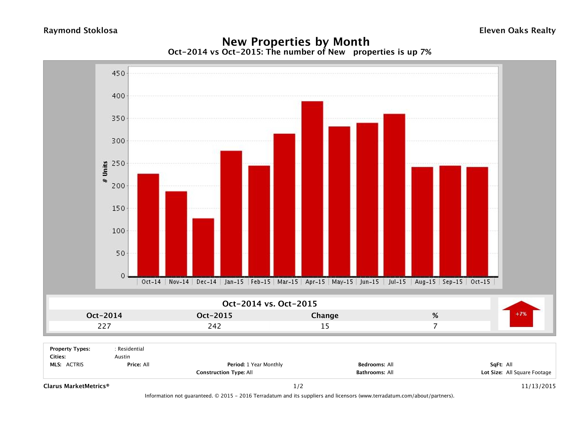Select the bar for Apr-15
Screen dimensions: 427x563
pyautogui.click(x=312, y=189)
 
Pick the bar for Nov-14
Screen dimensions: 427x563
pyautogui.click(x=176, y=234)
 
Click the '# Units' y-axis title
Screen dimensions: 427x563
pyautogui.click(x=105, y=172)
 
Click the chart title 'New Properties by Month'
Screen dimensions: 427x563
pyautogui.click(x=296, y=42)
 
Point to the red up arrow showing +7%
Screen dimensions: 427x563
pyautogui.click(x=521, y=314)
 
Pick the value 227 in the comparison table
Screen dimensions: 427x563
pyautogui.click(x=104, y=326)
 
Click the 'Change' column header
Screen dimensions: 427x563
pyautogui.click(x=325, y=316)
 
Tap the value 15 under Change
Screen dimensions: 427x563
pyautogui.click(x=325, y=326)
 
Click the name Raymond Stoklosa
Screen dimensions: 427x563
pyautogui.click(x=80, y=31)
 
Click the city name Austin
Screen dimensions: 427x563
pyautogui.click(x=122, y=357)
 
